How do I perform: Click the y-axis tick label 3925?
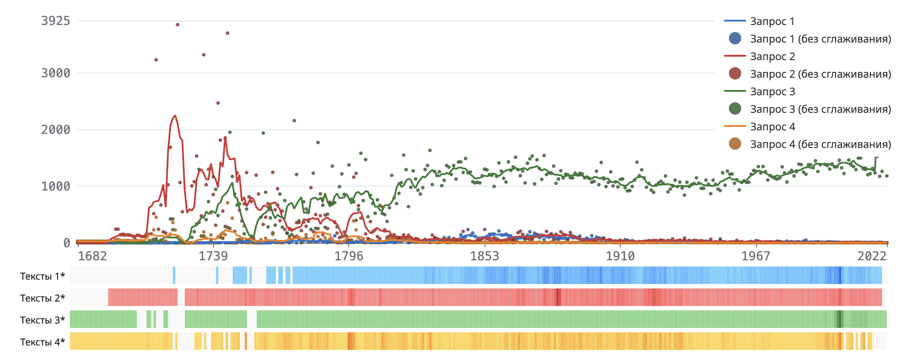coord(55,21)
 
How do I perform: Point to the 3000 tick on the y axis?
coord(55,73)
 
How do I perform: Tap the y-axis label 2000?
coord(55,130)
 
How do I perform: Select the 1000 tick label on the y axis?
coord(55,186)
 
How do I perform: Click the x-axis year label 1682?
coord(92,256)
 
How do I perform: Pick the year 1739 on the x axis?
coord(213,256)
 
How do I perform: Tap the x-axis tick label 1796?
coord(349,256)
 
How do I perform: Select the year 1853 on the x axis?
coord(485,256)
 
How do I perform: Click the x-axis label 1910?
coord(620,256)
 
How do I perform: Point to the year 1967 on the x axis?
coord(756,256)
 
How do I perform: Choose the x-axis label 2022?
coord(872,256)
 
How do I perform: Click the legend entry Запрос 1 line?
coord(734,21)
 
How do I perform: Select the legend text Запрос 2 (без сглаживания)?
coord(821,74)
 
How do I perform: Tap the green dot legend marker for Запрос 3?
coord(735,108)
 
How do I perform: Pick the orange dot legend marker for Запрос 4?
coord(735,144)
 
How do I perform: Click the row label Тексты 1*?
coord(43,276)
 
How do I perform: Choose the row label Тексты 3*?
coord(43,320)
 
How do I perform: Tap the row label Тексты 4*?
coord(43,342)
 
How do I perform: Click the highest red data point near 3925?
coord(177,25)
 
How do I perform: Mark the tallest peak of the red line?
coord(175,116)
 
